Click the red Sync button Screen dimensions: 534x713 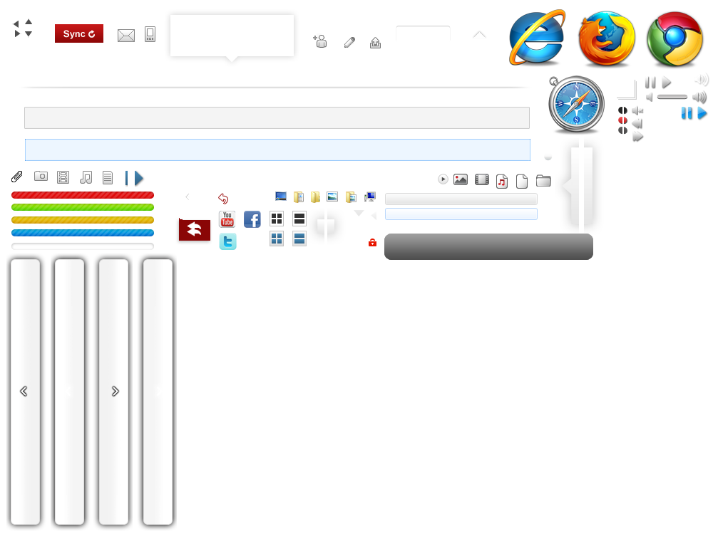[x=79, y=33]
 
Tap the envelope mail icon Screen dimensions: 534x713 [x=126, y=35]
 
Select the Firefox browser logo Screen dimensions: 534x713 [x=606, y=40]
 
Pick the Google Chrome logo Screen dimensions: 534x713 [x=674, y=40]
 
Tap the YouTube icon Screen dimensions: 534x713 [x=227, y=219]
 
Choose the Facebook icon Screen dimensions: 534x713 [x=252, y=219]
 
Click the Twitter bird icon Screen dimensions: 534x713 [x=227, y=242]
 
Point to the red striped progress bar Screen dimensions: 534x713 [x=83, y=195]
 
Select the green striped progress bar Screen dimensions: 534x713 [x=83, y=207]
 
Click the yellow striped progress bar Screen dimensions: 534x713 [x=83, y=220]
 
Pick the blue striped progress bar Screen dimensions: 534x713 [x=83, y=233]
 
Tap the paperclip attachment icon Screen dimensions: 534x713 [x=17, y=177]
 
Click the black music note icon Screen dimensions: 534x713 [x=86, y=177]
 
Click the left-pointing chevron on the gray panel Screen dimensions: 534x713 [x=24, y=391]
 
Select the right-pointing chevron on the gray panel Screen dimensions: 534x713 [x=116, y=391]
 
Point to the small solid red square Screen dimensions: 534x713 [x=372, y=243]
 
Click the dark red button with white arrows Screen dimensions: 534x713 [x=194, y=229]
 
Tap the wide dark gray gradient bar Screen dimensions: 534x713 [x=488, y=246]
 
